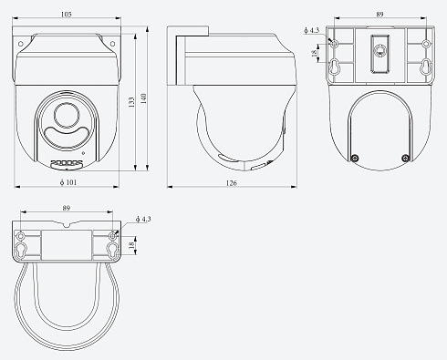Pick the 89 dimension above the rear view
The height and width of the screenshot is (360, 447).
point(379,15)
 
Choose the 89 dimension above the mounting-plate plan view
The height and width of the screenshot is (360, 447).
point(67,209)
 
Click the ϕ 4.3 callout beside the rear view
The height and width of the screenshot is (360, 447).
point(311,30)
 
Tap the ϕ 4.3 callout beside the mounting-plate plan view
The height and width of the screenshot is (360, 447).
point(141,220)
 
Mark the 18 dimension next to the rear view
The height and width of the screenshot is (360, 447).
point(315,56)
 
